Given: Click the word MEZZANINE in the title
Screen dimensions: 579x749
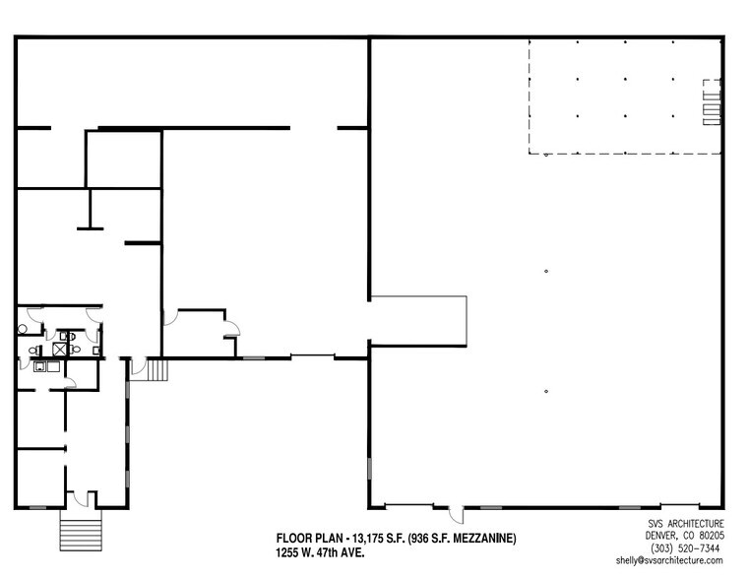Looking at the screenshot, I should coord(477,538).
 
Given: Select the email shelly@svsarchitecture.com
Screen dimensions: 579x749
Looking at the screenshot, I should coord(669,560).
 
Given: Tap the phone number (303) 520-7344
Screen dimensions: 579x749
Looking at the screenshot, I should coord(686,547).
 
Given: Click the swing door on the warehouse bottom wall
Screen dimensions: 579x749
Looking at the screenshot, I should coord(456,514).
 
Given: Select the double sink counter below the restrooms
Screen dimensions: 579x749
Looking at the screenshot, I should coord(45,368).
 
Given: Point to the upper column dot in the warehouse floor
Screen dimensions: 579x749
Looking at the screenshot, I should coord(545,271).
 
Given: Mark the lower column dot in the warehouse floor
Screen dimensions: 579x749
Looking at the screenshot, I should coord(545,391).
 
